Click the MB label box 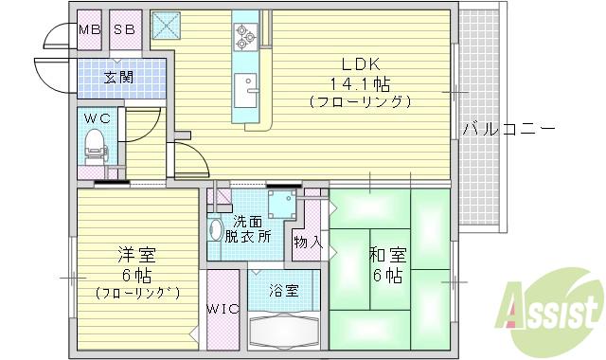pyautogui.click(x=89, y=29)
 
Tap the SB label pyautogui.click(x=125, y=29)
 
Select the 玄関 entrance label pyautogui.click(x=118, y=76)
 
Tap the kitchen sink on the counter pyautogui.click(x=251, y=89)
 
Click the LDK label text pyautogui.click(x=360, y=64)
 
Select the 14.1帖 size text pyautogui.click(x=360, y=82)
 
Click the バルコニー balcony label pyautogui.click(x=508, y=129)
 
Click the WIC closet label pyautogui.click(x=223, y=309)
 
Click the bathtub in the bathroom pyautogui.click(x=283, y=333)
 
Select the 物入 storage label pyautogui.click(x=308, y=243)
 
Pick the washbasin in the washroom pyautogui.click(x=216, y=230)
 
